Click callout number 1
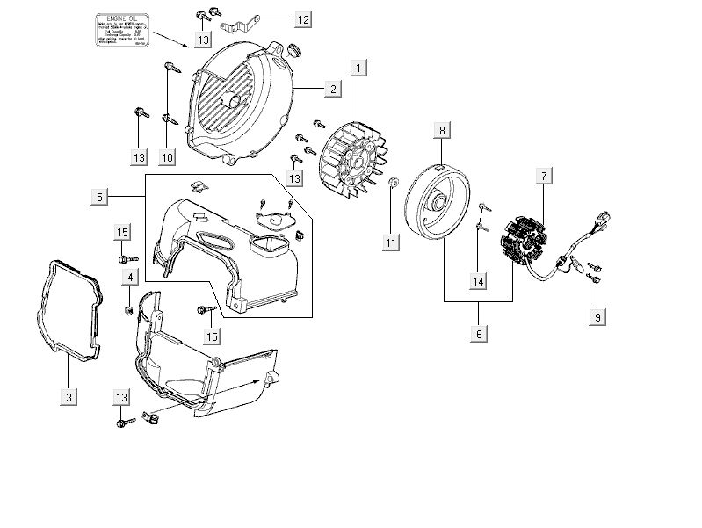click(x=357, y=67)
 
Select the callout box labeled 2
click(x=332, y=89)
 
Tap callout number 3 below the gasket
click(x=69, y=397)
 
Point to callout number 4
click(x=130, y=278)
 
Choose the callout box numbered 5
click(x=99, y=198)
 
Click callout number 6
click(x=479, y=334)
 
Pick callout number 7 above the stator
click(x=544, y=177)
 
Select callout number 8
click(x=442, y=131)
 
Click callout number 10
click(x=167, y=157)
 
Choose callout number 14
click(x=477, y=281)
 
